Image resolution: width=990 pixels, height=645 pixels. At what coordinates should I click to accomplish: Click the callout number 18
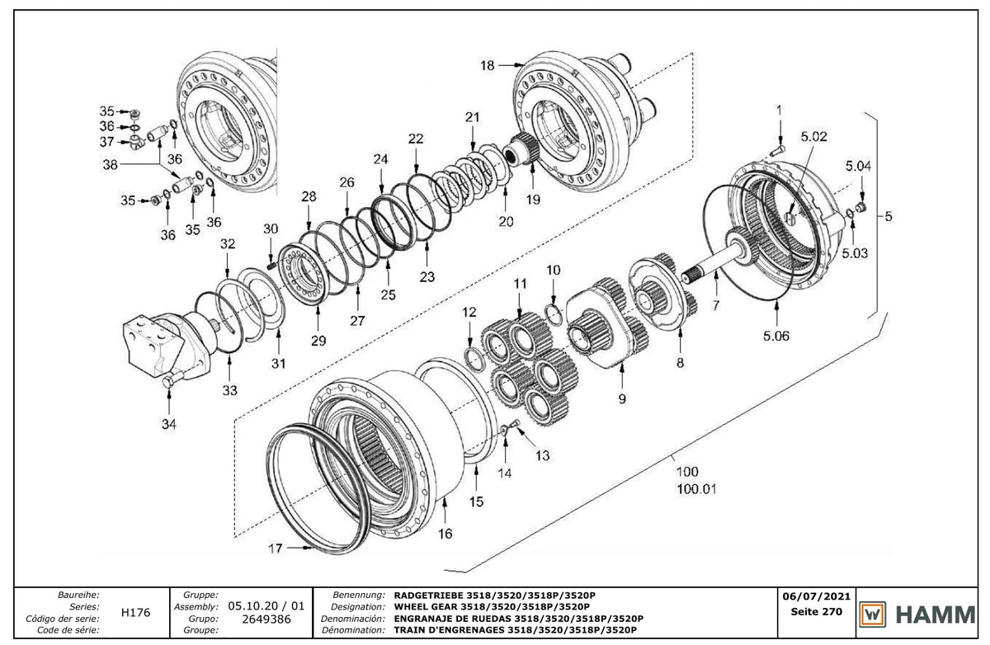(487, 66)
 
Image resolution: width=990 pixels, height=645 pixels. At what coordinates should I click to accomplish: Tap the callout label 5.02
(813, 137)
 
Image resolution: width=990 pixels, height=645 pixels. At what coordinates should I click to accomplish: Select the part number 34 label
(169, 425)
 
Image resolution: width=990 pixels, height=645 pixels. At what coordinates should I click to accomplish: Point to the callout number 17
(275, 548)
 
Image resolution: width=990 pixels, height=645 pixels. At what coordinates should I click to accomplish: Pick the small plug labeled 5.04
(860, 207)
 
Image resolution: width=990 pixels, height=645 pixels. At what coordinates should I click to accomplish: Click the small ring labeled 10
(554, 314)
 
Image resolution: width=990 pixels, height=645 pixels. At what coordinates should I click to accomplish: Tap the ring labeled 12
(474, 359)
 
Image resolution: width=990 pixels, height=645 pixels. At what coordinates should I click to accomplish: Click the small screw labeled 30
(271, 265)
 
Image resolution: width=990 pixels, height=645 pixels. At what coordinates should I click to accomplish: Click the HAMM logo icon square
(873, 614)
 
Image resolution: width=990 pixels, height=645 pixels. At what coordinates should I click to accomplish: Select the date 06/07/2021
(816, 597)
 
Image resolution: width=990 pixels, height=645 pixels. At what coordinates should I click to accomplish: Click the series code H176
(135, 613)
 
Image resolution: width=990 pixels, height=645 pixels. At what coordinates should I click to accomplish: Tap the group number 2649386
(266, 619)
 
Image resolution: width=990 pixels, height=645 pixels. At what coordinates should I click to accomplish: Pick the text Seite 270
(816, 612)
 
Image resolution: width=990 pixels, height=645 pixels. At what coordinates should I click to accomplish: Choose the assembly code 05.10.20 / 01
(266, 606)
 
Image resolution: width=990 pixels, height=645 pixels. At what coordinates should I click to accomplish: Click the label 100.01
(696, 489)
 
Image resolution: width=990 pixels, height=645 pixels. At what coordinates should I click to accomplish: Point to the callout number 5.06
(776, 337)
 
